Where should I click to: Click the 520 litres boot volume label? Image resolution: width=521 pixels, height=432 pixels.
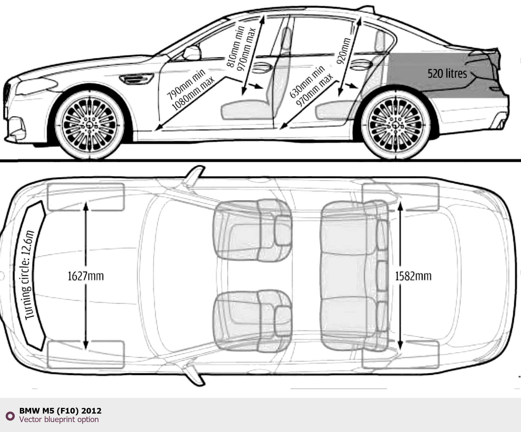pyautogui.click(x=447, y=73)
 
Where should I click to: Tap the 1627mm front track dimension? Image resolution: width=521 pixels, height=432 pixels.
pyautogui.click(x=86, y=276)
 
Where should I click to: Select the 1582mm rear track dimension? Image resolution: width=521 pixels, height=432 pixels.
pyautogui.click(x=413, y=276)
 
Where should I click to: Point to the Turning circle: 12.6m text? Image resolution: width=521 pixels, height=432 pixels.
pyautogui.click(x=29, y=275)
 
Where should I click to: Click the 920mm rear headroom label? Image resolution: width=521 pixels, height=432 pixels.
pyautogui.click(x=343, y=51)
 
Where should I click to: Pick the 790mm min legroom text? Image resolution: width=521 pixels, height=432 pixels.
pyautogui.click(x=185, y=85)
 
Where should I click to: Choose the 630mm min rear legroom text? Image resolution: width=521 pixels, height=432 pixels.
pyautogui.click(x=307, y=82)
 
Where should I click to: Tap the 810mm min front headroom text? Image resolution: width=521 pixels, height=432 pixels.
pyautogui.click(x=235, y=47)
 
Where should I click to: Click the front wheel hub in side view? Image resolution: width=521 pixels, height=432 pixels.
pyautogui.click(x=90, y=125)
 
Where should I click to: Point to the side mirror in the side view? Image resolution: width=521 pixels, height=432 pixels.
pyautogui.click(x=192, y=53)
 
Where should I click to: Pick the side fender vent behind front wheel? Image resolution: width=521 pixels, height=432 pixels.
pyautogui.click(x=137, y=78)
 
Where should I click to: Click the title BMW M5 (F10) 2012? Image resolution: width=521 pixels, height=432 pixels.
pyautogui.click(x=60, y=411)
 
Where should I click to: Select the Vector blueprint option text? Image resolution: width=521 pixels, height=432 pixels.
pyautogui.click(x=59, y=420)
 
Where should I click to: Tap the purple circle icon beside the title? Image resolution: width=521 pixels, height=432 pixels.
pyautogui.click(x=10, y=416)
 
